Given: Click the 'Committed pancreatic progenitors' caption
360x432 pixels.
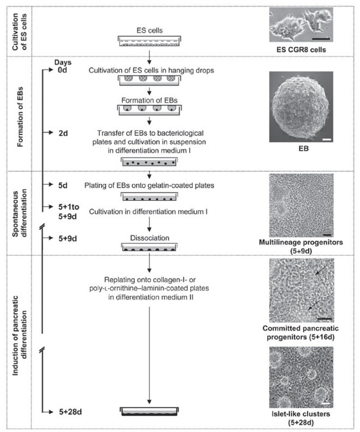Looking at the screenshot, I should (302, 333).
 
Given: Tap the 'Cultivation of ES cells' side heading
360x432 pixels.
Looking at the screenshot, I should (15, 30).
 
